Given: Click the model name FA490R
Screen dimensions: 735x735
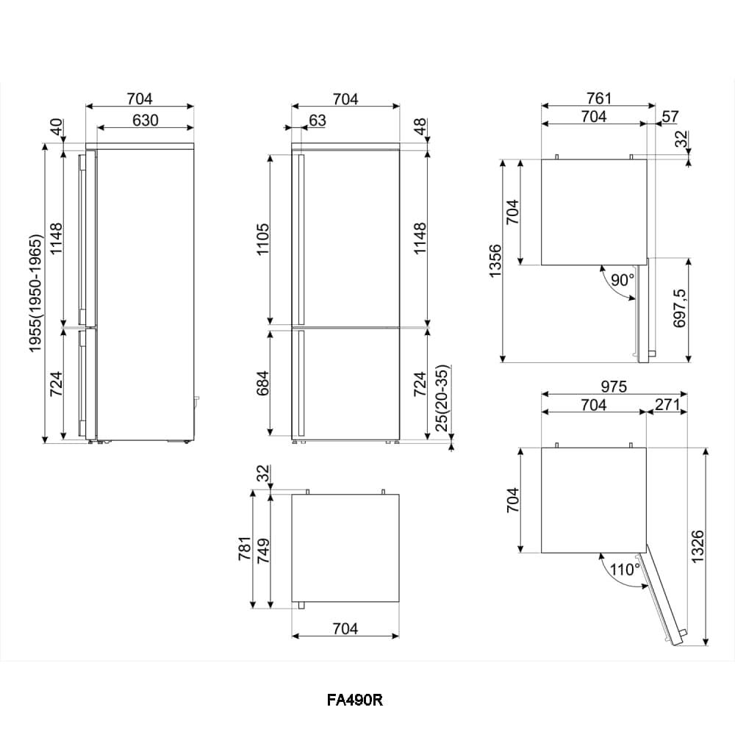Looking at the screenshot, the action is click(x=355, y=700).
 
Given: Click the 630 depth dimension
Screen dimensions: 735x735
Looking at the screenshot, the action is click(x=146, y=121).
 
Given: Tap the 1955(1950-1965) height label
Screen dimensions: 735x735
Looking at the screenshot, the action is click(x=35, y=293).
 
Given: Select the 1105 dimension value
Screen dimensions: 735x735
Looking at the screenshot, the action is click(x=263, y=240).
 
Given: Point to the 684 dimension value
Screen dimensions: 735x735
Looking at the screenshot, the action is click(x=263, y=383).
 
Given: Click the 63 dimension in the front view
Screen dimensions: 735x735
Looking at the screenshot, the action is click(x=318, y=121).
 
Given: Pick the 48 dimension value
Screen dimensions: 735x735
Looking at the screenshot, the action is click(x=420, y=126).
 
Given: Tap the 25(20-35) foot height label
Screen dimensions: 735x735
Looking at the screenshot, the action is click(x=442, y=398).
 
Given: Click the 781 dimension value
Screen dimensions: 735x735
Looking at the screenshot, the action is click(x=245, y=548).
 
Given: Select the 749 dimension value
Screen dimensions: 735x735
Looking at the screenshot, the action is click(x=263, y=551).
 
